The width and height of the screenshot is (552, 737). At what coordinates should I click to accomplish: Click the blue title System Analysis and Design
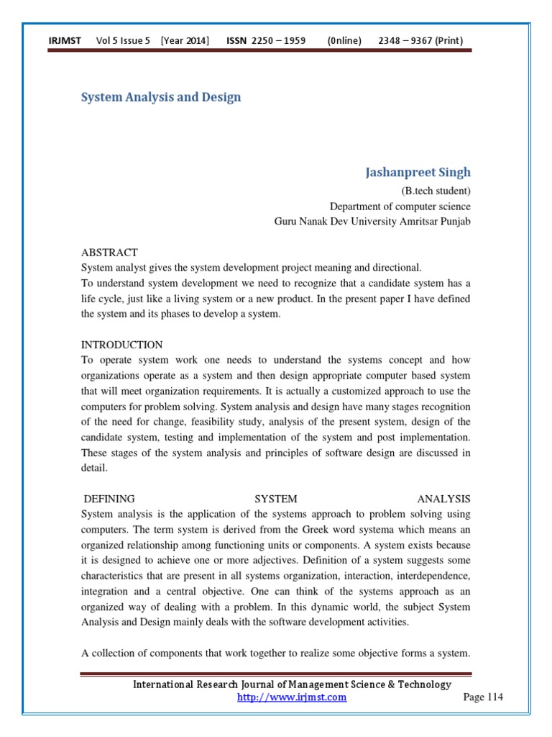click(x=160, y=97)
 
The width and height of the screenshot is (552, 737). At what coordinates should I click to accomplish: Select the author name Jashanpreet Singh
click(x=418, y=173)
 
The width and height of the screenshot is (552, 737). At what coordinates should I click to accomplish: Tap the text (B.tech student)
click(x=436, y=191)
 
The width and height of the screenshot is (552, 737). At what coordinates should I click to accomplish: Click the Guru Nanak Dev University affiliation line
click(x=372, y=221)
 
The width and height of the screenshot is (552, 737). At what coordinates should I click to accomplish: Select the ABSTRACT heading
click(x=109, y=253)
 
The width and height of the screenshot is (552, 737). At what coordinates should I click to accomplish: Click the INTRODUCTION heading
click(x=122, y=345)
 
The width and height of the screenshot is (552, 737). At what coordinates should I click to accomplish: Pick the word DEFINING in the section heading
click(x=109, y=499)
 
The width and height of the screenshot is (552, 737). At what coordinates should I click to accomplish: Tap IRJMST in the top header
click(x=64, y=41)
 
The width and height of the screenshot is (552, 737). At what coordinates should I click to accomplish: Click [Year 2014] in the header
click(x=185, y=41)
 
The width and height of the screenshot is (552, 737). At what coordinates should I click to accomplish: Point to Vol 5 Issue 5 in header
click(x=123, y=41)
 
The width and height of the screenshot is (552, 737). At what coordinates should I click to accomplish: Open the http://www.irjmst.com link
click(x=292, y=697)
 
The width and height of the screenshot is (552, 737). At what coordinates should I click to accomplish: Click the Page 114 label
click(x=483, y=697)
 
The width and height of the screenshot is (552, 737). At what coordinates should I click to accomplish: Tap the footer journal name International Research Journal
click(x=292, y=684)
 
